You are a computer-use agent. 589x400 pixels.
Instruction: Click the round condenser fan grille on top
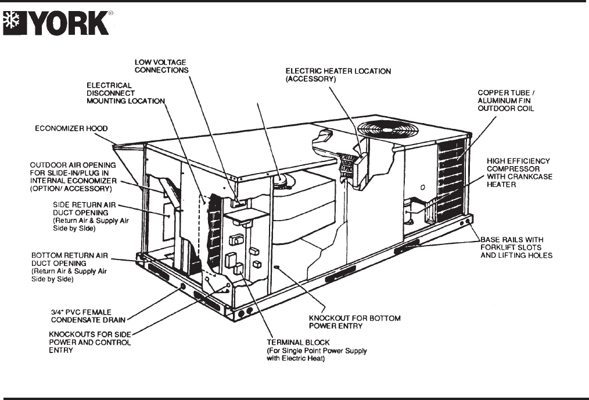(387, 129)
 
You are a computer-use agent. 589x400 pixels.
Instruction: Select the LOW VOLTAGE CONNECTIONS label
(161, 66)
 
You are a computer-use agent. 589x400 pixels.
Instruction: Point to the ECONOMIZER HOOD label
(71, 128)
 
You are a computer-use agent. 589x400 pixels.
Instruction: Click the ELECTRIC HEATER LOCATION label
(338, 75)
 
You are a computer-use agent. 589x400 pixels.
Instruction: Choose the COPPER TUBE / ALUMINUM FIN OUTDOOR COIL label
(506, 100)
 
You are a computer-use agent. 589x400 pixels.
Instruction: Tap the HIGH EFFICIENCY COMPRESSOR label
(519, 172)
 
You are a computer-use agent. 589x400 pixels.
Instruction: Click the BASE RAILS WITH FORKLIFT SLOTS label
(516, 247)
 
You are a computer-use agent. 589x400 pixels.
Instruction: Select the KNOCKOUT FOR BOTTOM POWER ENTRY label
(354, 322)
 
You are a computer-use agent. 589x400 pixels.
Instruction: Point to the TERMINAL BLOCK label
(317, 350)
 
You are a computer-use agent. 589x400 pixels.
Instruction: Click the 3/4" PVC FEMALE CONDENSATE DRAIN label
(88, 316)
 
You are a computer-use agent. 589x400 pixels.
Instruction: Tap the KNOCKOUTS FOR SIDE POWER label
(90, 342)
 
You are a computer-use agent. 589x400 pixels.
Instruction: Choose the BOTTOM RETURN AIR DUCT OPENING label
(70, 267)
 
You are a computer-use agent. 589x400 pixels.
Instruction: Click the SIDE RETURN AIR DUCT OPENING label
(91, 217)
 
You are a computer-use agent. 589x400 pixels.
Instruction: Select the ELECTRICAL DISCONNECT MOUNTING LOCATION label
(126, 93)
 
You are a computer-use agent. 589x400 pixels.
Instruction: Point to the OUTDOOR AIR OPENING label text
(73, 176)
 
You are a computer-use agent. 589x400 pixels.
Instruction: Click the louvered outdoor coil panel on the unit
(451, 181)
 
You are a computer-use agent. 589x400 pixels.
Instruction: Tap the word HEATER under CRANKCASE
(501, 185)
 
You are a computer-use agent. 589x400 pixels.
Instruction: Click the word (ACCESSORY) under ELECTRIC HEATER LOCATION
(311, 79)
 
